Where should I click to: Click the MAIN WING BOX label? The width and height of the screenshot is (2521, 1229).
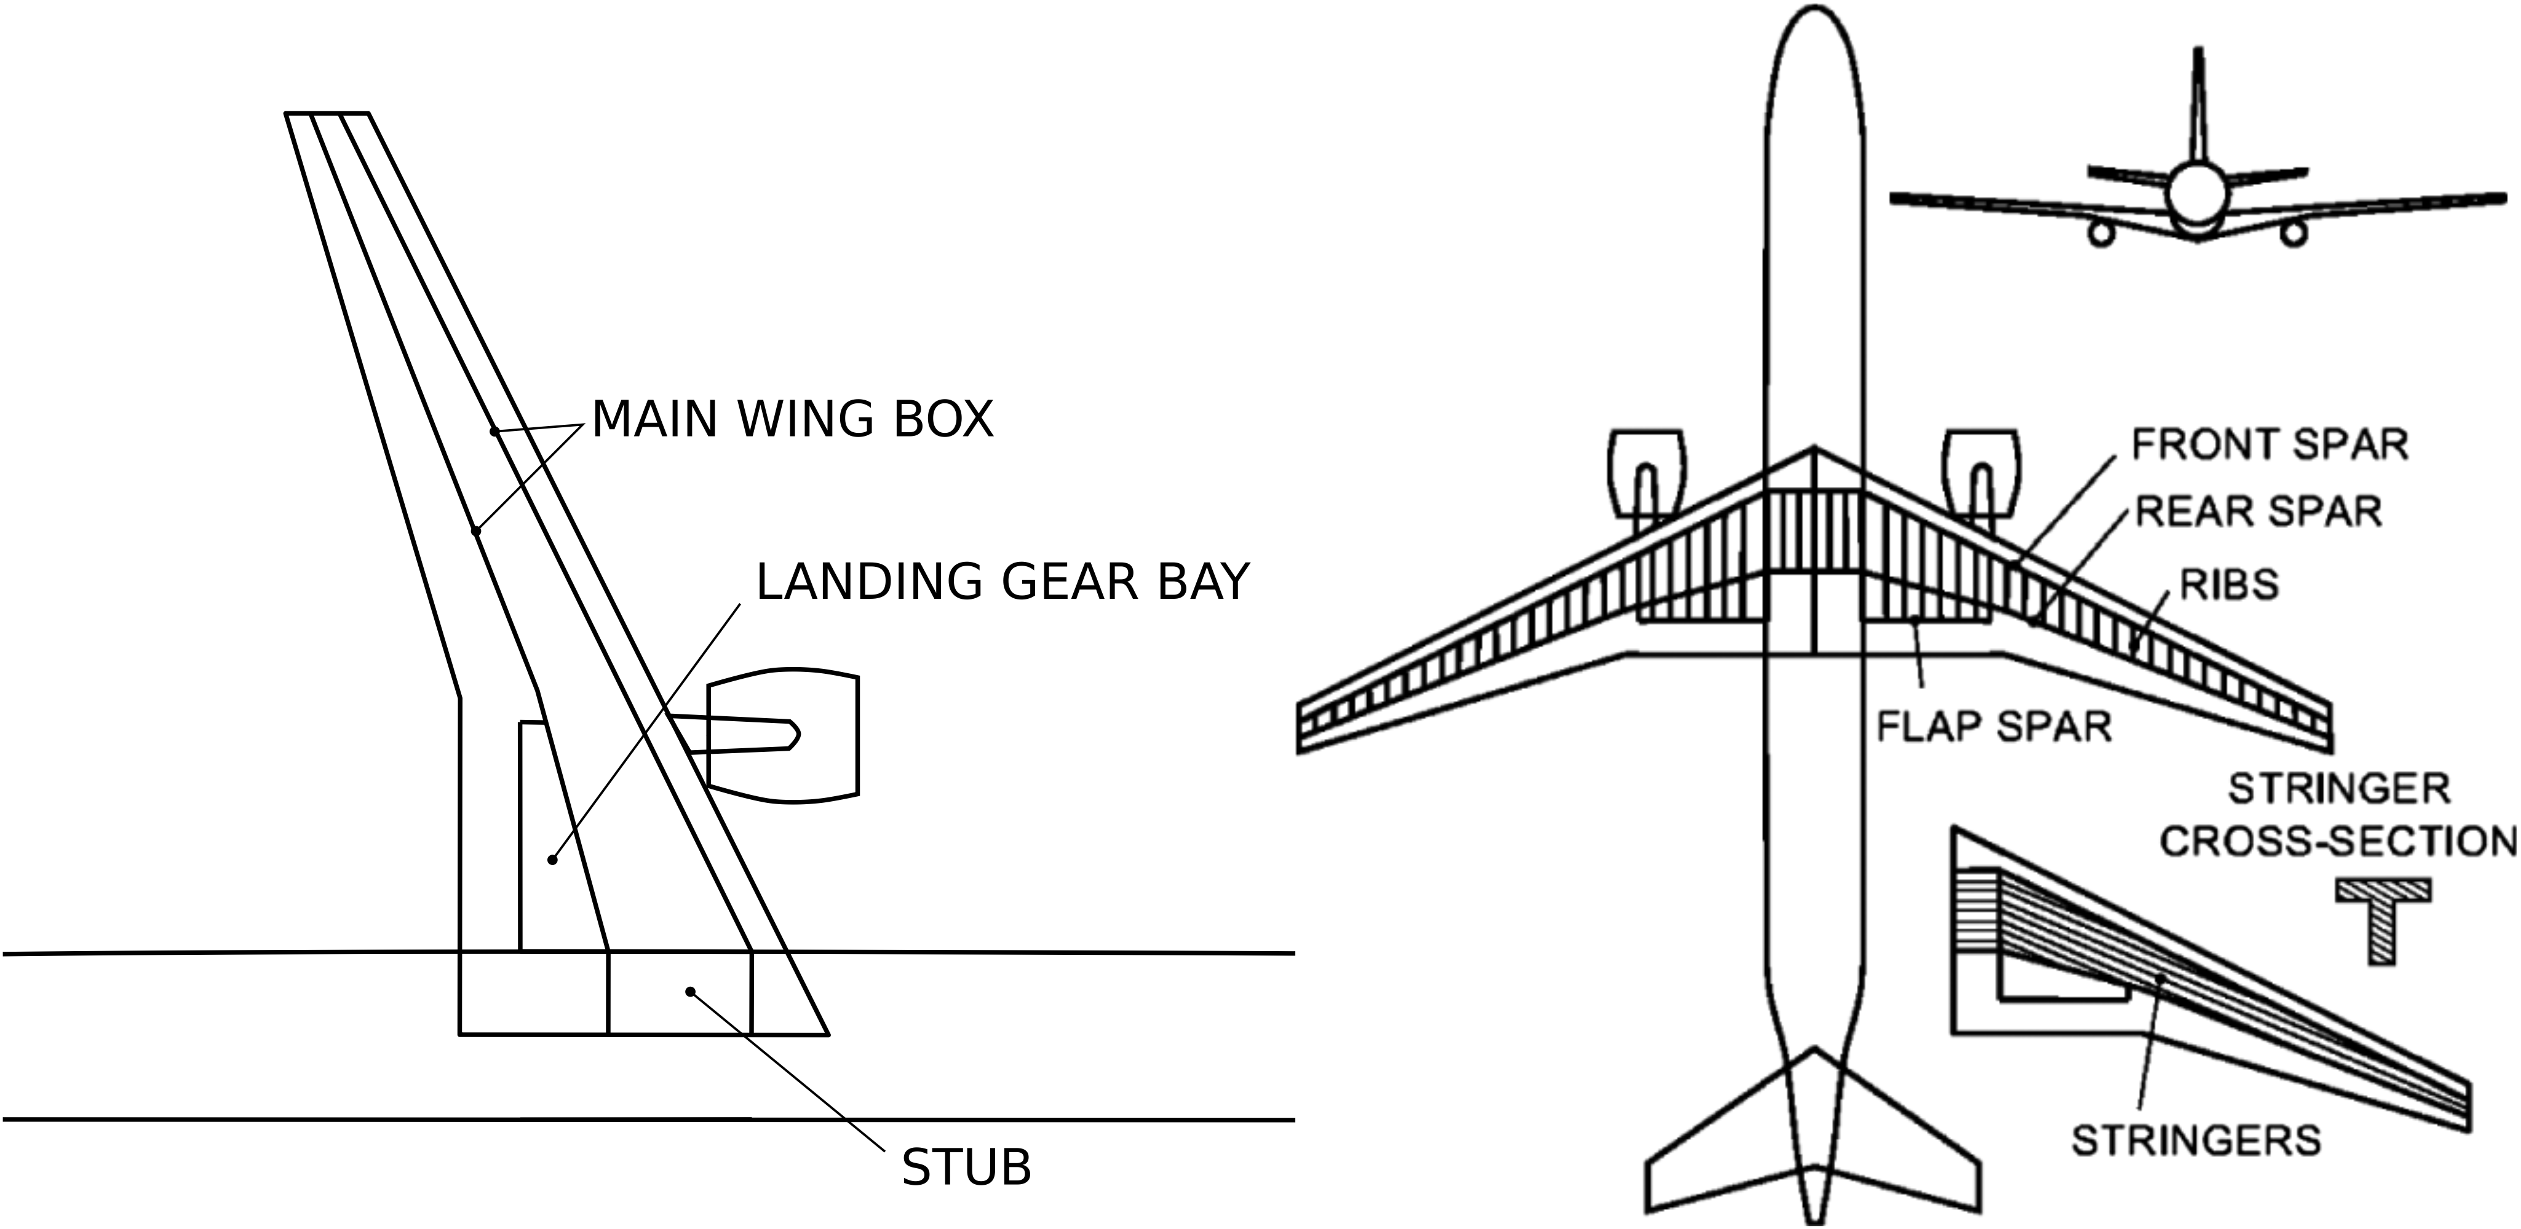pos(793,419)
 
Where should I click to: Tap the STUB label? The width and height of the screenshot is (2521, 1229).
pos(966,1168)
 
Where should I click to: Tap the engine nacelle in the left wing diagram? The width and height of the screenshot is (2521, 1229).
pos(783,735)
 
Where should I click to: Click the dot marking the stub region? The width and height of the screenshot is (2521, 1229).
pos(690,991)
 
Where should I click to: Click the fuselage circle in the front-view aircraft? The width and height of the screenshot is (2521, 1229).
pos(2197,194)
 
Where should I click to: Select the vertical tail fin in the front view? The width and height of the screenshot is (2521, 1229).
pos(2198,108)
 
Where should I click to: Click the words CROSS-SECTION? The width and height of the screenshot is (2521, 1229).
pos(2337,842)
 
